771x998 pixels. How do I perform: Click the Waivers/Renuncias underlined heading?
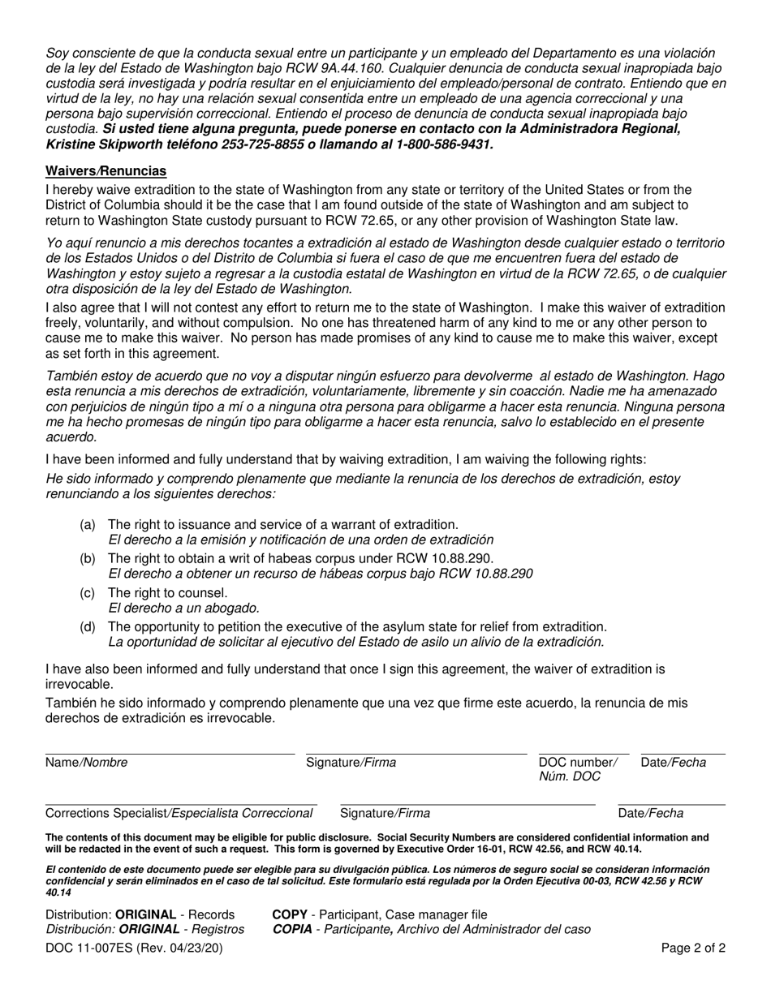106,170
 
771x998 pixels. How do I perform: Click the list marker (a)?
88,525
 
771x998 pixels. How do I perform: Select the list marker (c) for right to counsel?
88,593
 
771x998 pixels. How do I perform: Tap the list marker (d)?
88,627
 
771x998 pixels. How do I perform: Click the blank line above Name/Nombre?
170,754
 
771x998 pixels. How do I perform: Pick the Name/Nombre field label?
87,763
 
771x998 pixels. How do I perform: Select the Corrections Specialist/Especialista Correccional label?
180,814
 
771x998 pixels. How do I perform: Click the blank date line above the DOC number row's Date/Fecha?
683,754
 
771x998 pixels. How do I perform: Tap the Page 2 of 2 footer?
695,948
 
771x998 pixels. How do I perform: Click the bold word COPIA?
293,930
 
